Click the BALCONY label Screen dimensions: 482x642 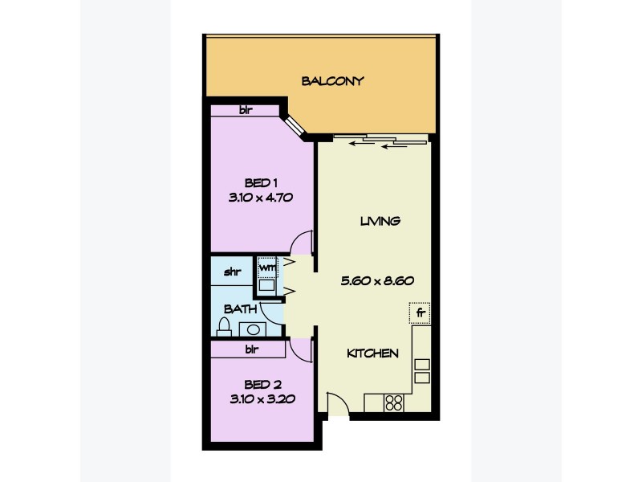333,80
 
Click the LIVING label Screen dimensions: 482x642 380,221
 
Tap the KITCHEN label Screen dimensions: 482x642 373,353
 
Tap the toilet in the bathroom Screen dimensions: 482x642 226,325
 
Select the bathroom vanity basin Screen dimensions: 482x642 254,328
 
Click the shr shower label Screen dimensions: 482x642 233,271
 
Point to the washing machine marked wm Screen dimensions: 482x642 266,266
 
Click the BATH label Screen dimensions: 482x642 240,308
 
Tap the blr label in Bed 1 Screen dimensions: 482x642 246,110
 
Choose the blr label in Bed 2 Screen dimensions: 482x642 251,349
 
